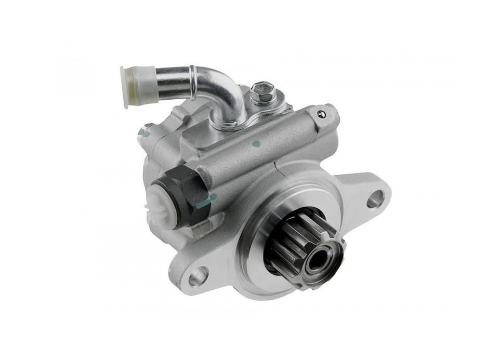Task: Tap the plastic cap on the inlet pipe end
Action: pyautogui.click(x=130, y=86)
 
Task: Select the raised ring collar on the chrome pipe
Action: pyautogui.click(x=193, y=82)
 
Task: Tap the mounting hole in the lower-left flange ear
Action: pyautogui.click(x=198, y=276)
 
